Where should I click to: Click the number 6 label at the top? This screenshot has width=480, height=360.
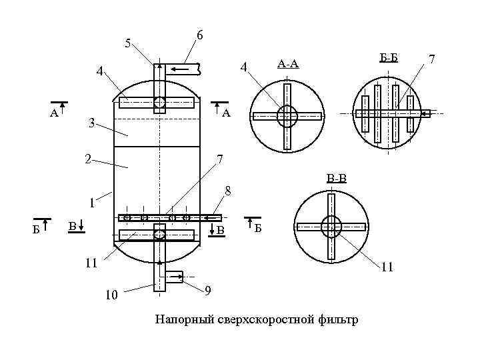click(199, 35)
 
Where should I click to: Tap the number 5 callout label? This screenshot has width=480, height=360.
click(128, 45)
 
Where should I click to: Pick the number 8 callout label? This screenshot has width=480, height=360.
click(227, 191)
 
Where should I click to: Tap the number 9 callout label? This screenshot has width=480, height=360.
click(209, 291)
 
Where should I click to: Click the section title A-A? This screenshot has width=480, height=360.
click(287, 64)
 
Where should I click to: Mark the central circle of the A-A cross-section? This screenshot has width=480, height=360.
click(287, 116)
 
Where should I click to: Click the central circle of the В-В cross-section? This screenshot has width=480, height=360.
click(331, 227)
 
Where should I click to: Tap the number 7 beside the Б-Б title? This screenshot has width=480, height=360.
click(431, 60)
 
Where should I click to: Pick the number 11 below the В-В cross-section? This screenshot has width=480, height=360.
click(387, 268)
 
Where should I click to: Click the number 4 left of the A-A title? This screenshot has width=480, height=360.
click(243, 67)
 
